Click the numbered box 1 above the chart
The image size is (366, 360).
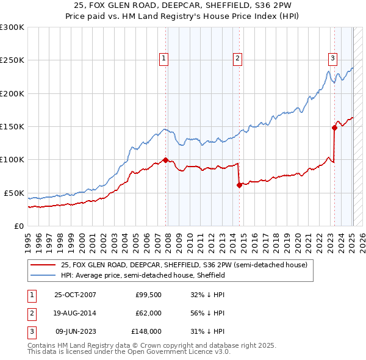pyautogui.click(x=165, y=59)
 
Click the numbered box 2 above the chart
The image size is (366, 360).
pyautogui.click(x=237, y=59)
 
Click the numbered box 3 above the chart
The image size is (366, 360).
pyautogui.click(x=332, y=59)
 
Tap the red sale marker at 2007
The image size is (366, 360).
pyautogui.click(x=165, y=160)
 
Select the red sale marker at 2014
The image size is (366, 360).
pyautogui.click(x=239, y=185)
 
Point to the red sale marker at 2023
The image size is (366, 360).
pyautogui.click(x=334, y=128)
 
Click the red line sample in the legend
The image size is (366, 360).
pyautogui.click(x=43, y=265)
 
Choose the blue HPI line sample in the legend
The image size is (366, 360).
pyautogui.click(x=43, y=275)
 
